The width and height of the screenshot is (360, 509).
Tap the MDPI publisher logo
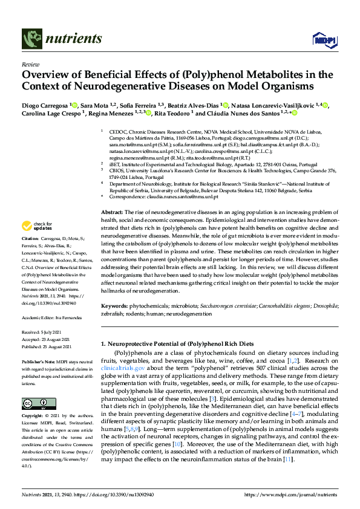point(323,40)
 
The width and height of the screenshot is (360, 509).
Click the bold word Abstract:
point(112,212)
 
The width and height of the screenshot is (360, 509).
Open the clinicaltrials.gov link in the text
point(123,367)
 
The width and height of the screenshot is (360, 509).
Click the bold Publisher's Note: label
point(40,360)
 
